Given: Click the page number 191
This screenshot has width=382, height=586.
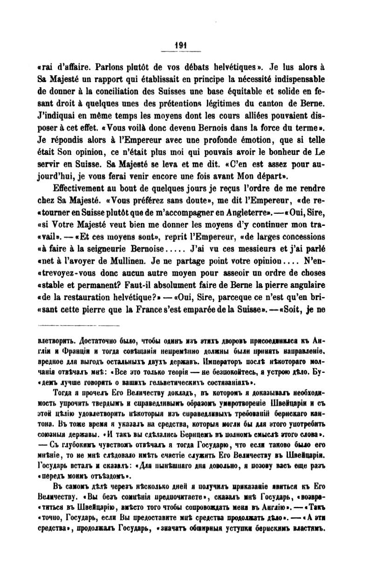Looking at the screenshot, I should pos(180,45).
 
